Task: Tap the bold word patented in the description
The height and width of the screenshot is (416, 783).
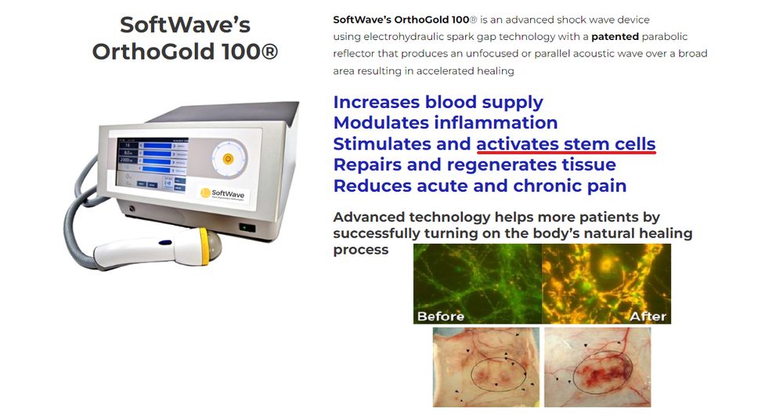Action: [615, 37]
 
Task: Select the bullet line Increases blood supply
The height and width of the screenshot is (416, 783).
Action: [438, 103]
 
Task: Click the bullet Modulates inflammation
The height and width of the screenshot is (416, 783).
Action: [446, 123]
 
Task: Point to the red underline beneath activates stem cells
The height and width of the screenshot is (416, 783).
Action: [566, 152]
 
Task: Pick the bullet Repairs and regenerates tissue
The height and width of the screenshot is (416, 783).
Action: [474, 165]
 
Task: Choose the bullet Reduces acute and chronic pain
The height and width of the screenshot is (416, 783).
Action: [480, 186]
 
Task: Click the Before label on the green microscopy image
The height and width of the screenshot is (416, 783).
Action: [440, 317]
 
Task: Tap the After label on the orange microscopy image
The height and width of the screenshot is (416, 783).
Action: [648, 317]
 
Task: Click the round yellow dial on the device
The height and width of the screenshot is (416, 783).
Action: [228, 159]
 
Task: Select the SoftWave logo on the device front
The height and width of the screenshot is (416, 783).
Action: [222, 194]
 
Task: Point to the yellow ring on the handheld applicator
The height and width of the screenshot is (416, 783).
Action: [204, 246]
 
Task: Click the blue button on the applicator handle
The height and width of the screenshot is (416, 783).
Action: [165, 243]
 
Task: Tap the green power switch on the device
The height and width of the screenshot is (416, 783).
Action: [247, 228]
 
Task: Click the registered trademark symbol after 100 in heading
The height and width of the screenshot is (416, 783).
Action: [269, 52]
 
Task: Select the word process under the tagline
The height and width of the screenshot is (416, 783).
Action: [360, 250]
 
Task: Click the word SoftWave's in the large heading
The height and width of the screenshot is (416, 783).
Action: [186, 25]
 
